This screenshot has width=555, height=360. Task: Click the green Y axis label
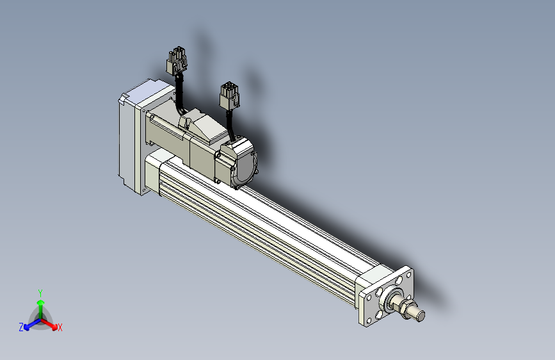[40, 293]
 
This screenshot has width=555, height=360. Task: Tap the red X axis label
[60, 328]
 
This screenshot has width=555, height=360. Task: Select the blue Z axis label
[21, 327]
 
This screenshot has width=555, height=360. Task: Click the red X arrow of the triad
[49, 324]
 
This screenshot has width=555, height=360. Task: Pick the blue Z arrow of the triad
[33, 324]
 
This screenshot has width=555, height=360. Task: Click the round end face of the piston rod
[421, 316]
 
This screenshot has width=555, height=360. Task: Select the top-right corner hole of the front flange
[409, 275]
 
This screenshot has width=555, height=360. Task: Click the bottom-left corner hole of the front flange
[369, 321]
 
